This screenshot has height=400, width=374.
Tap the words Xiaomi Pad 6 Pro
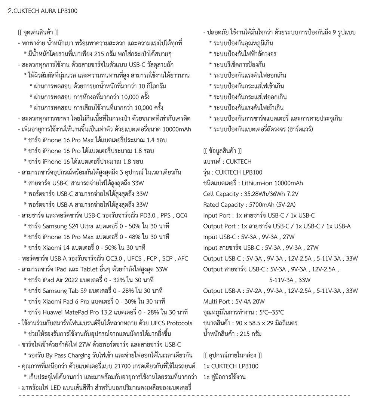pos(66,301)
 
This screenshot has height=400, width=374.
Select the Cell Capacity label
pos(221,194)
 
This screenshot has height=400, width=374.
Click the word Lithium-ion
pos(257,183)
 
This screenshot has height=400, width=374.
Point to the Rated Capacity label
pos(223,205)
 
